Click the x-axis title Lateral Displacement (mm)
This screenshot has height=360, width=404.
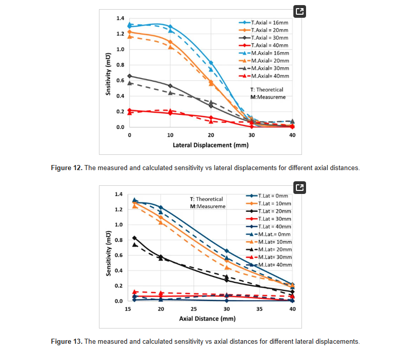[211, 145]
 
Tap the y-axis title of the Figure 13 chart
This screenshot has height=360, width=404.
[109, 248]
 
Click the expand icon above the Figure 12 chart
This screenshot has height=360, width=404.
[299, 12]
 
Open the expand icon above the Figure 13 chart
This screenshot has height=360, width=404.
[299, 187]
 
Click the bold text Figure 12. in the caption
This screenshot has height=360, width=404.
[66, 168]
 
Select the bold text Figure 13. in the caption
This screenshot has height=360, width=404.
[66, 341]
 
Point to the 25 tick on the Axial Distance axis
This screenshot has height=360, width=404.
[193, 309]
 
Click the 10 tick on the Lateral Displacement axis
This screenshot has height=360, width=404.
[170, 135]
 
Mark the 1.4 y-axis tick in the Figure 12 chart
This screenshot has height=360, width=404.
[121, 18]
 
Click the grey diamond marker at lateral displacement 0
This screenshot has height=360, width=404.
[129, 76]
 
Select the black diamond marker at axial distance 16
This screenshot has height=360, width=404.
[134, 238]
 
